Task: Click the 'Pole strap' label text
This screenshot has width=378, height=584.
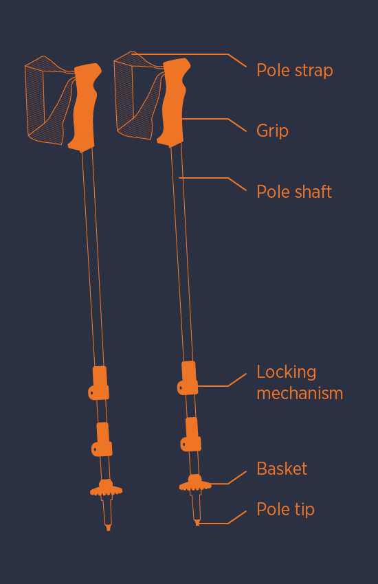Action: point(295,70)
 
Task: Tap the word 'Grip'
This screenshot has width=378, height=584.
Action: point(272,131)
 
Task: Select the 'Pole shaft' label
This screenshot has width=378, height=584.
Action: point(294,192)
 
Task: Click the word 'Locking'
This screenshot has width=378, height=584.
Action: point(287,372)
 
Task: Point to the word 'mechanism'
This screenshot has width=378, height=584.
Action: point(300,393)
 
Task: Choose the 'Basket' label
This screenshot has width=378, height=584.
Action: point(282,469)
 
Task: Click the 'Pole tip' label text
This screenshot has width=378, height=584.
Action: point(286,509)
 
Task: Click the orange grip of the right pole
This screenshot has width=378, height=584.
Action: point(174,101)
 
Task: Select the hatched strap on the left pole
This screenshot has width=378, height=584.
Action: point(48,100)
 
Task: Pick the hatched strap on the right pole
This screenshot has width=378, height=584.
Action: point(137,96)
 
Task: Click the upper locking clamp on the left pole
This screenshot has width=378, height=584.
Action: point(100,383)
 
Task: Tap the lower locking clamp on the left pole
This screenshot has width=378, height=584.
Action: point(102,440)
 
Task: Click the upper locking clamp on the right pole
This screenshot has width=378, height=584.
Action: point(188,378)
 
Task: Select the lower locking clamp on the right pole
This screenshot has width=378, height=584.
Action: point(192,434)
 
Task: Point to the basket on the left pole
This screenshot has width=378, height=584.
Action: point(106,488)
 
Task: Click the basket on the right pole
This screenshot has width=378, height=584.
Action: point(195,483)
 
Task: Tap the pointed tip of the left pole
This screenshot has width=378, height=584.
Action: point(109,528)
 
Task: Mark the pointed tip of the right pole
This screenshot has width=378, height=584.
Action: point(197,523)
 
